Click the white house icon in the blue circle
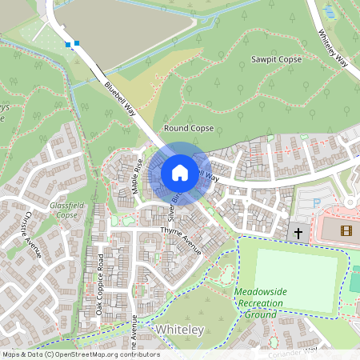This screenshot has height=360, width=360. click(180, 172)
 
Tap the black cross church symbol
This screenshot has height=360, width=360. click(298, 233)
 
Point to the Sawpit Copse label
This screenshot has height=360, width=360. click(276, 60)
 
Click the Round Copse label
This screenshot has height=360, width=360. click(188, 128)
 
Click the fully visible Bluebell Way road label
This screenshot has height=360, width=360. click(119, 98)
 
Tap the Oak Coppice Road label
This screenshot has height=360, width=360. click(101, 284)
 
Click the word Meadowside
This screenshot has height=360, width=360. click(260, 292)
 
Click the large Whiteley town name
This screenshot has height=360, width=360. click(180, 330)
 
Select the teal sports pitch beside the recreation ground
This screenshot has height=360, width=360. click(355, 279)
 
